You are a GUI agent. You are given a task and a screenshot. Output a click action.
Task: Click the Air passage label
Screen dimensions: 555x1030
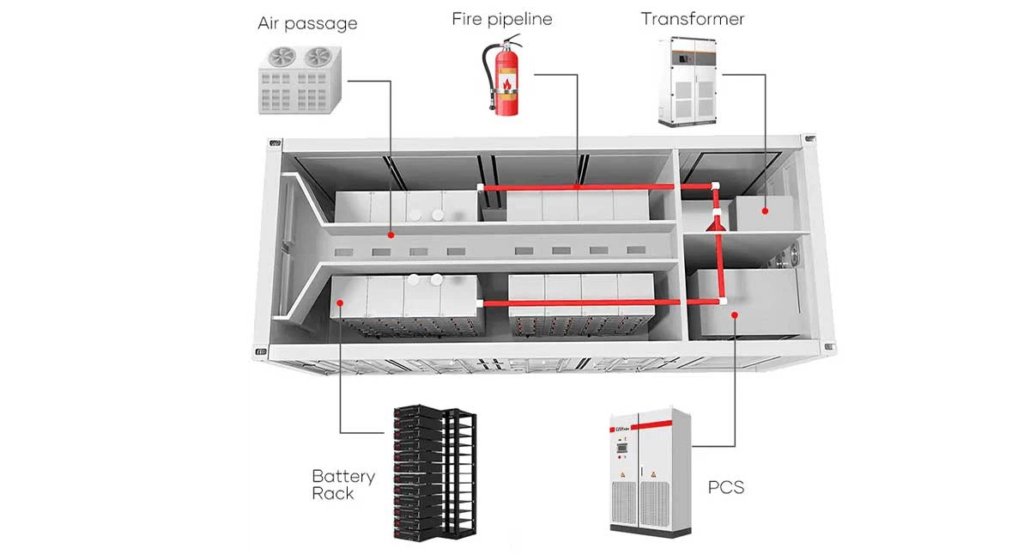[x=307, y=23]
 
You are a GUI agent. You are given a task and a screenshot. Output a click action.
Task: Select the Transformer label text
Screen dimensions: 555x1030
[x=693, y=18]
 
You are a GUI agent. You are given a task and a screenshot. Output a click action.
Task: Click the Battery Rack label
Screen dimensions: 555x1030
[x=342, y=485]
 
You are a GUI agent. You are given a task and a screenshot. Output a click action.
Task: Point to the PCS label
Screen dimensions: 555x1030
[x=725, y=488]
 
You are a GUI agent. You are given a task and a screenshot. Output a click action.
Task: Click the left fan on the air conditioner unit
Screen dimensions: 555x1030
[x=283, y=57]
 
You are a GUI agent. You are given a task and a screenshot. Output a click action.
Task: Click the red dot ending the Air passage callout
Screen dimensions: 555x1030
[x=391, y=233]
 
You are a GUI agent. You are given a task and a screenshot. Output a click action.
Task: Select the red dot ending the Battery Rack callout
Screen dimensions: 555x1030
[x=341, y=302]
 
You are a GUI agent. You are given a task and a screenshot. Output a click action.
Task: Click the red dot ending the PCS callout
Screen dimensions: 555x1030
[x=735, y=315]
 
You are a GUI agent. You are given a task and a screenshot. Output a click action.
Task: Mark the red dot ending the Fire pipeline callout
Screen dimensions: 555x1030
[x=577, y=186]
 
